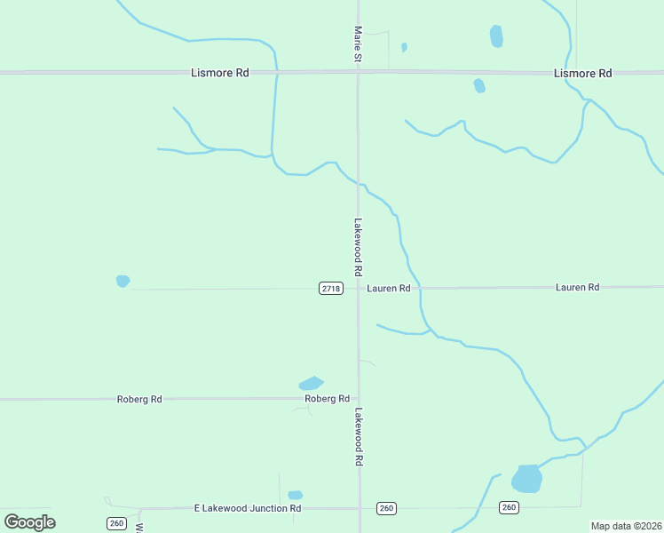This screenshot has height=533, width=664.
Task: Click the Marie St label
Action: (358, 44)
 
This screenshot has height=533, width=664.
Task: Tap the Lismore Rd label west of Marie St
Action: (220, 73)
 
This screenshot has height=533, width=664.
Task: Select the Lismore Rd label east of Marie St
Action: (582, 73)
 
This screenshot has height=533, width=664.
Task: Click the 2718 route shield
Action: (331, 288)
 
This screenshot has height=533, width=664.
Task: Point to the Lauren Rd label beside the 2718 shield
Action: (389, 288)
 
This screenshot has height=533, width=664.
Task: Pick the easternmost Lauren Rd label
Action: (577, 287)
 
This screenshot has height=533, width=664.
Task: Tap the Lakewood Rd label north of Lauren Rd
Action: (358, 246)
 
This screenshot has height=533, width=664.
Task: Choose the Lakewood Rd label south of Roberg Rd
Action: (360, 437)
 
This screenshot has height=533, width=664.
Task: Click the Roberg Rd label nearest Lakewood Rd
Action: (327, 399)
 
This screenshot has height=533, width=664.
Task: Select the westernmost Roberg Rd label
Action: (139, 399)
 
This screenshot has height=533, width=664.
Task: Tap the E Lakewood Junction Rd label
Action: (248, 508)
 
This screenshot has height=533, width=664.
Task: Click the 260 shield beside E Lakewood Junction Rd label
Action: (385, 507)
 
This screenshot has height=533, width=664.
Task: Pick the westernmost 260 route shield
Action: (116, 523)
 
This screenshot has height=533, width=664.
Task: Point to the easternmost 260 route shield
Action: (508, 507)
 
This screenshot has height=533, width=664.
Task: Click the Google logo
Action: (29, 521)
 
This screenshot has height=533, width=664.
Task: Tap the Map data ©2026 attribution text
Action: (626, 526)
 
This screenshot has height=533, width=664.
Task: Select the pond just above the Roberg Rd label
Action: (311, 384)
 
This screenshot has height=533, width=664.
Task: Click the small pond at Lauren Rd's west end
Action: (123, 281)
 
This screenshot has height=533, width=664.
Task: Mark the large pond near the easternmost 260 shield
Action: (526, 479)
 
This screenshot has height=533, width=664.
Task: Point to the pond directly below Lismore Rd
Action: (479, 85)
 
